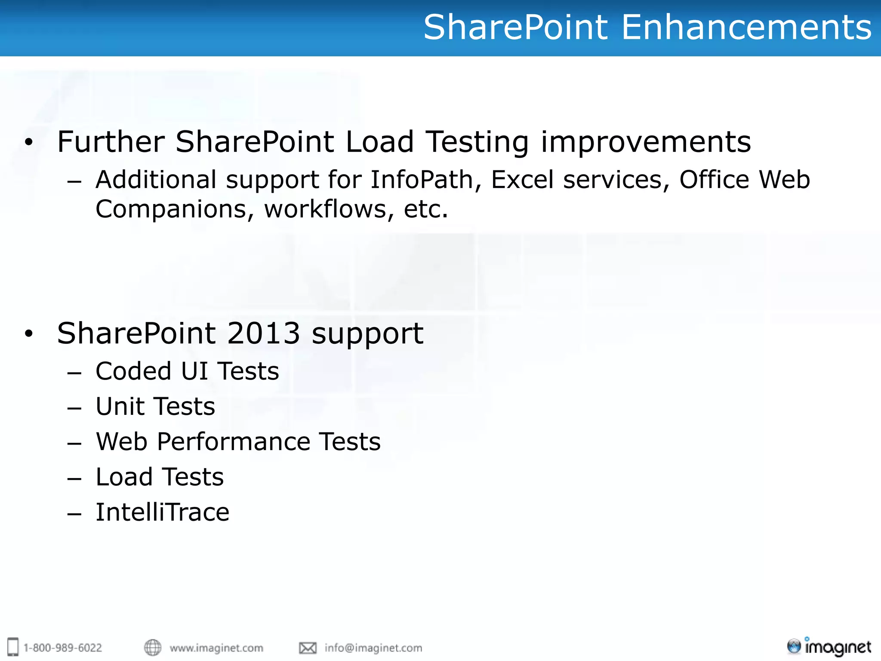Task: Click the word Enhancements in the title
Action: coord(746,27)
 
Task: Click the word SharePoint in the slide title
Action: coord(516,27)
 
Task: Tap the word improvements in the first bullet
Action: coord(646,142)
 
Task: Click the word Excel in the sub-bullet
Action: coord(522,179)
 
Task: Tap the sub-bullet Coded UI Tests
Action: coord(187,371)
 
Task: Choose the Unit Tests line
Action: coord(155,406)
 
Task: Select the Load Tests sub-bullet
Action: coord(160,477)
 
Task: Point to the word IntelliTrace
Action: coord(163,512)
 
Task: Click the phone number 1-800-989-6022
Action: coord(63,648)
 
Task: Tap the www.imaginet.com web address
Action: coord(216,648)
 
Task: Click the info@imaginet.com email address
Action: coord(373,648)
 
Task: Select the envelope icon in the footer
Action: coord(308,648)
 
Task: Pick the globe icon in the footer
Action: coord(153,647)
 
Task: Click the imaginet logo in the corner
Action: coord(829,647)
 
